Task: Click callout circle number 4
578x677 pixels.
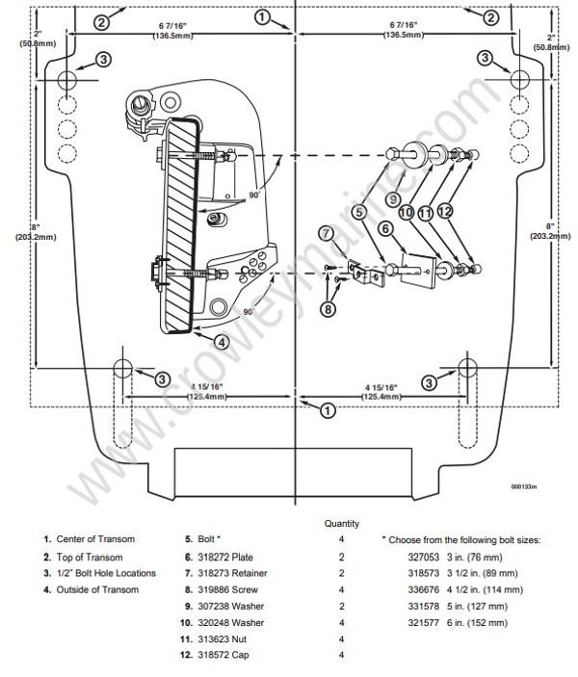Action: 222,341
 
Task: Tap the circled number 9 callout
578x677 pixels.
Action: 394,199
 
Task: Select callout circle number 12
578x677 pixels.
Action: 444,209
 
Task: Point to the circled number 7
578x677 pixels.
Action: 327,232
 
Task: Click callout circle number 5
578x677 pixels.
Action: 359,212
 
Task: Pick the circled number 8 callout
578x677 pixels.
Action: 328,309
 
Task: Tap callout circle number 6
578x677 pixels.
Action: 385,228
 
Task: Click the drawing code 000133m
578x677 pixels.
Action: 525,486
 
